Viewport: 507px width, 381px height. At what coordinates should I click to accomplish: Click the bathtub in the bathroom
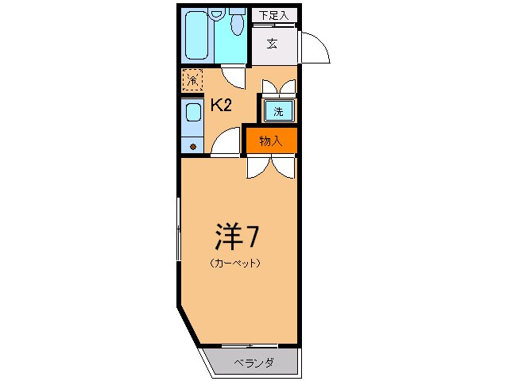point(199,36)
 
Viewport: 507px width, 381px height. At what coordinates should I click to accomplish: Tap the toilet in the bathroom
point(235,25)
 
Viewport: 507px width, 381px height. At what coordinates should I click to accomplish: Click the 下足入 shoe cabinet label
point(272,14)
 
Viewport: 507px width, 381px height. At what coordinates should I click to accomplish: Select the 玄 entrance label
point(272,44)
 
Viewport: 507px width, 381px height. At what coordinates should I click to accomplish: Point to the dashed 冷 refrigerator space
point(192,80)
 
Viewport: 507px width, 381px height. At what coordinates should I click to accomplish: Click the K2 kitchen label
point(221,106)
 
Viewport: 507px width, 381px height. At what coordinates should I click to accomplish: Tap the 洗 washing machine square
point(278,111)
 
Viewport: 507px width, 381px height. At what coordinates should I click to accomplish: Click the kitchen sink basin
point(193,113)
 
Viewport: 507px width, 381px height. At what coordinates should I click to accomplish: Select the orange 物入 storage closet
point(271,141)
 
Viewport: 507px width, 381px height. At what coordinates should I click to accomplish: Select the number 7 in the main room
point(253,236)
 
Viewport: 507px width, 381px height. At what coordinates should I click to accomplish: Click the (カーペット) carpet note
point(236,264)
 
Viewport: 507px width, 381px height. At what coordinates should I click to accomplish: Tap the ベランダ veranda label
point(253,363)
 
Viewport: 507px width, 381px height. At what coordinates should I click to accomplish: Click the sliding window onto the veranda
point(250,345)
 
